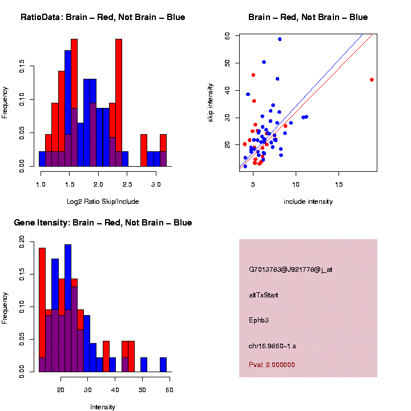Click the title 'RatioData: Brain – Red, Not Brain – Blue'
pyautogui.click(x=103, y=17)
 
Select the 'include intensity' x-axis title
pyautogui.click(x=308, y=202)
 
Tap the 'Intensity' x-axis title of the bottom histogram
pyautogui.click(x=103, y=407)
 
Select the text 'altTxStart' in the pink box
pyautogui.click(x=263, y=295)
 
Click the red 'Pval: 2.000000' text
pyautogui.click(x=272, y=364)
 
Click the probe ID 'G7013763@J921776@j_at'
pyautogui.click(x=290, y=269)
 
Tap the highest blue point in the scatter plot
pyautogui.click(x=280, y=39)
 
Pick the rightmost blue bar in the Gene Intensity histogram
pyautogui.click(x=163, y=365)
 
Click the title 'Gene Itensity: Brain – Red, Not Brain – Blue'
pyautogui.click(x=103, y=223)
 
